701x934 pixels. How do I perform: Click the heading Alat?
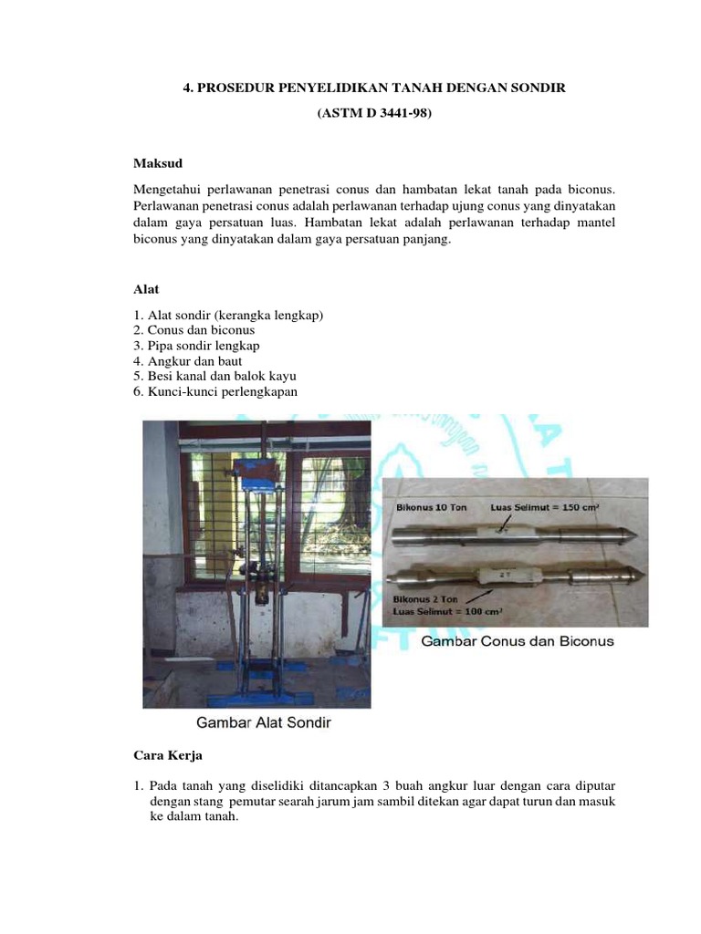(x=146, y=289)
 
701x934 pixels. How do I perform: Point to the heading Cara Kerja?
(x=166, y=757)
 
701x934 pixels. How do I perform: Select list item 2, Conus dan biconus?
(x=194, y=330)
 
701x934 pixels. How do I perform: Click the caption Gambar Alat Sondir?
(x=265, y=723)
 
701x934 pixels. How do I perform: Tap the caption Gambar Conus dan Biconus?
(x=517, y=642)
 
